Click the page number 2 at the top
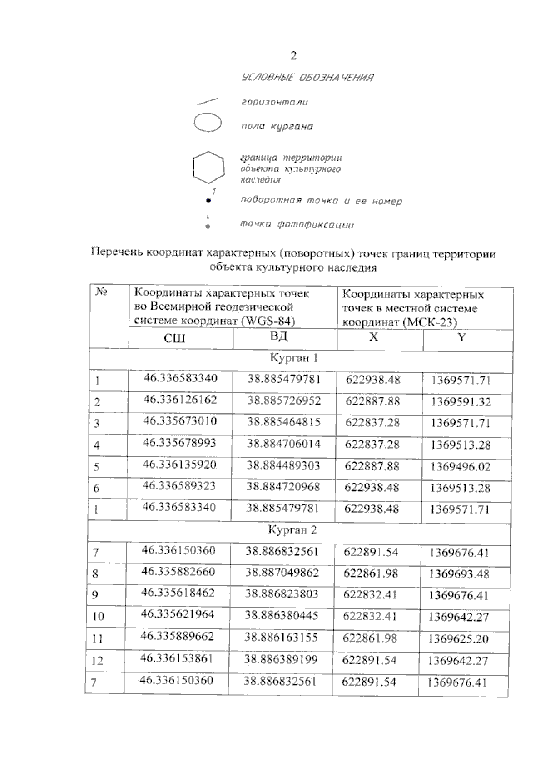293,56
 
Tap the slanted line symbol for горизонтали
208,101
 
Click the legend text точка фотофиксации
297,224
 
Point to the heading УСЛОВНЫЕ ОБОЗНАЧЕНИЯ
307,77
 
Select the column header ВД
278,337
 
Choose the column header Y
462,337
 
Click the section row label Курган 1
294,358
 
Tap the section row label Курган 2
292,530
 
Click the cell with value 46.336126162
180,400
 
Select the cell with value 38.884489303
283,465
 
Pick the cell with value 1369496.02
461,467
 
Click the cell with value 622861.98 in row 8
371,573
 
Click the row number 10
98,617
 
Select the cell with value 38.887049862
282,573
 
